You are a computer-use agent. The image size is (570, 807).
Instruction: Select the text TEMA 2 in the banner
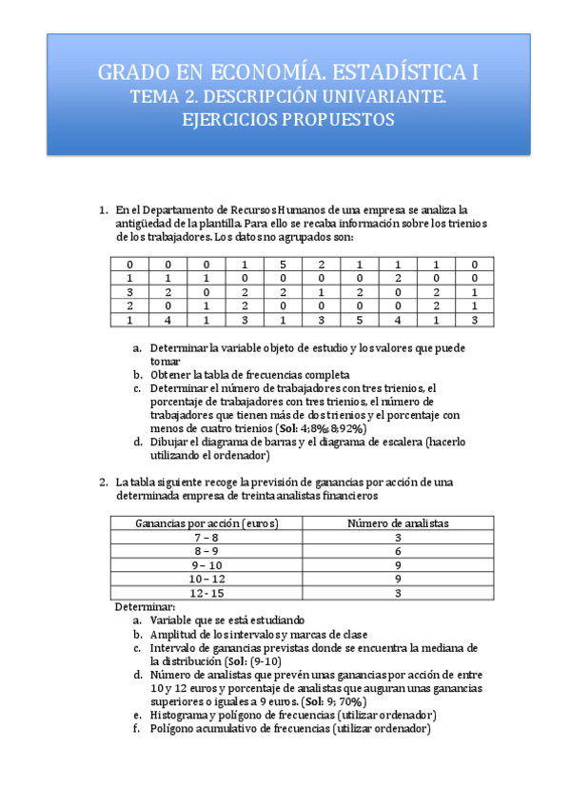162,96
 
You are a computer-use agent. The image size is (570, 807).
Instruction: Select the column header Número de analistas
398,523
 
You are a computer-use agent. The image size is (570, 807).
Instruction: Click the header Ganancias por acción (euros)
206,523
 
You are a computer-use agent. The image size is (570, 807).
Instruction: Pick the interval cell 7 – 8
206,537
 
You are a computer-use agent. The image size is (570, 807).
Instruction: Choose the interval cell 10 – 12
206,578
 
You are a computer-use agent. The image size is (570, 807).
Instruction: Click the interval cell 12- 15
206,592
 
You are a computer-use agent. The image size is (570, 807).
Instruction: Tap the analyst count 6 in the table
398,551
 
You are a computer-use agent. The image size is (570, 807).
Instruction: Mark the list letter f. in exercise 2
138,729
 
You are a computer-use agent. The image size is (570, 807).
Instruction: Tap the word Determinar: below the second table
145,606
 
